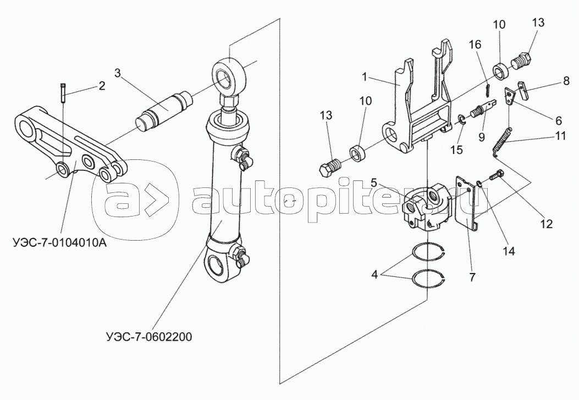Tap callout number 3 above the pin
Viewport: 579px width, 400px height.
(x=118, y=73)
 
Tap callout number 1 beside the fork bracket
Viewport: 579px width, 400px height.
(x=365, y=77)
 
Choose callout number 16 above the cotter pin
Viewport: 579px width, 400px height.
(x=475, y=45)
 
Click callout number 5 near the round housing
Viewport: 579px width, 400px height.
(x=374, y=182)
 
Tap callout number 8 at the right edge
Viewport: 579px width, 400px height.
(x=566, y=81)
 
